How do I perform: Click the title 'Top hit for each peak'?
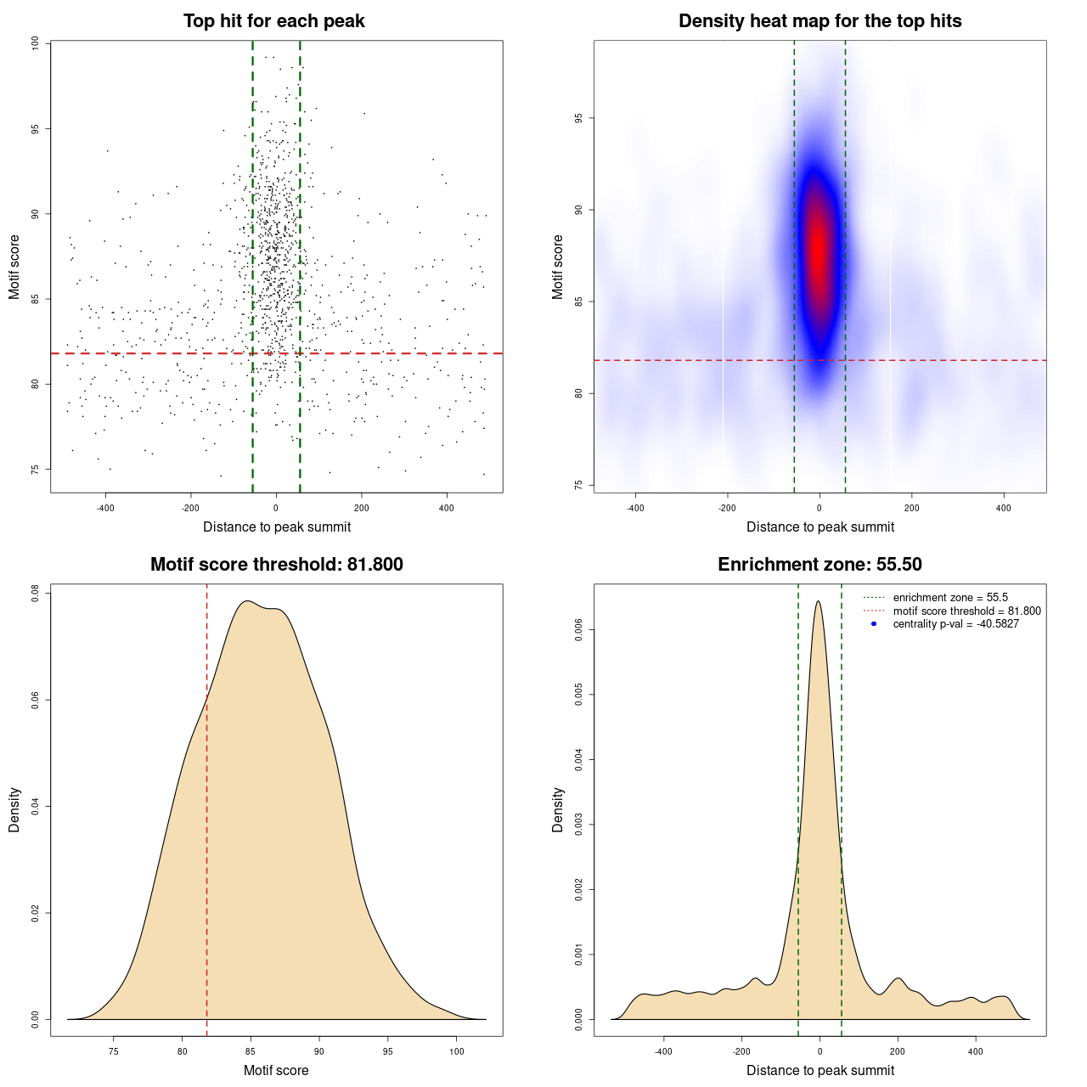[273, 21]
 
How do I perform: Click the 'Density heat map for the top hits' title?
[819, 21]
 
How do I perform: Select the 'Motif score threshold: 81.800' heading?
[276, 565]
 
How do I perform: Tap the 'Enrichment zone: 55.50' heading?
[819, 565]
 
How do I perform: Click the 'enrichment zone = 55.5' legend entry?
[950, 598]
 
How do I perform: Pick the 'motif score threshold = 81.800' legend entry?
[966, 611]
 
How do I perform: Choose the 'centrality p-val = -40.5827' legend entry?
[955, 624]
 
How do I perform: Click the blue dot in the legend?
[874, 624]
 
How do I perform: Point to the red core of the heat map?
[818, 246]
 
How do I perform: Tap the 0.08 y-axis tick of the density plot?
[36, 593]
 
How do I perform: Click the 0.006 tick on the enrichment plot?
[578, 629]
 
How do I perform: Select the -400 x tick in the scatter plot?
[105, 508]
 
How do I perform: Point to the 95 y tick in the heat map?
[578, 118]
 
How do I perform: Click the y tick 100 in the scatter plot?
[36, 43]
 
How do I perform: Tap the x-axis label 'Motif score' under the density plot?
[276, 1070]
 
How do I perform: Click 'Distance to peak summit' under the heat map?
[819, 527]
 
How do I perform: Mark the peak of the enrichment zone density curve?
[818, 601]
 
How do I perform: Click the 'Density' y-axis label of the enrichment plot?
[558, 809]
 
